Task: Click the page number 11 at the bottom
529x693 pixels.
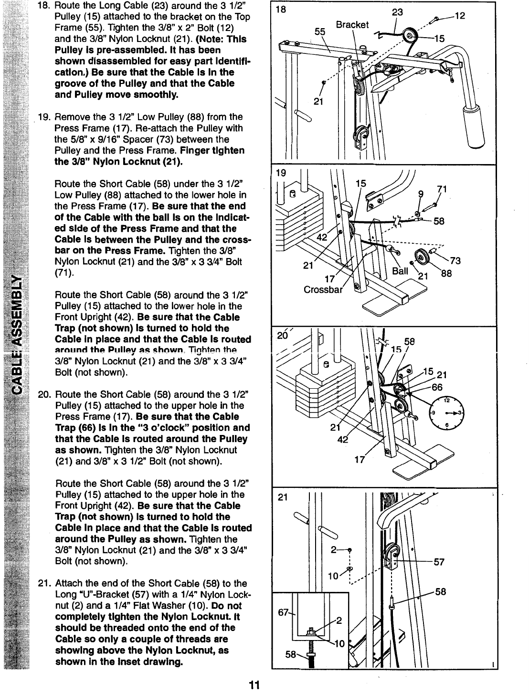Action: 254,685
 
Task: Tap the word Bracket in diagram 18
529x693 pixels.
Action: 352,25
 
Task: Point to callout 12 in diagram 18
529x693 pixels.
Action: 459,16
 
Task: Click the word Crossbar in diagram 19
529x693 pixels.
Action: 324,290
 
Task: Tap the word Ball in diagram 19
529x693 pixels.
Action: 400,271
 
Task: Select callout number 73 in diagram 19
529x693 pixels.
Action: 455,260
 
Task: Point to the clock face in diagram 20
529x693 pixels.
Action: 447,414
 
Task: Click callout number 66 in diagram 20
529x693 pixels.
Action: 437,387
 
